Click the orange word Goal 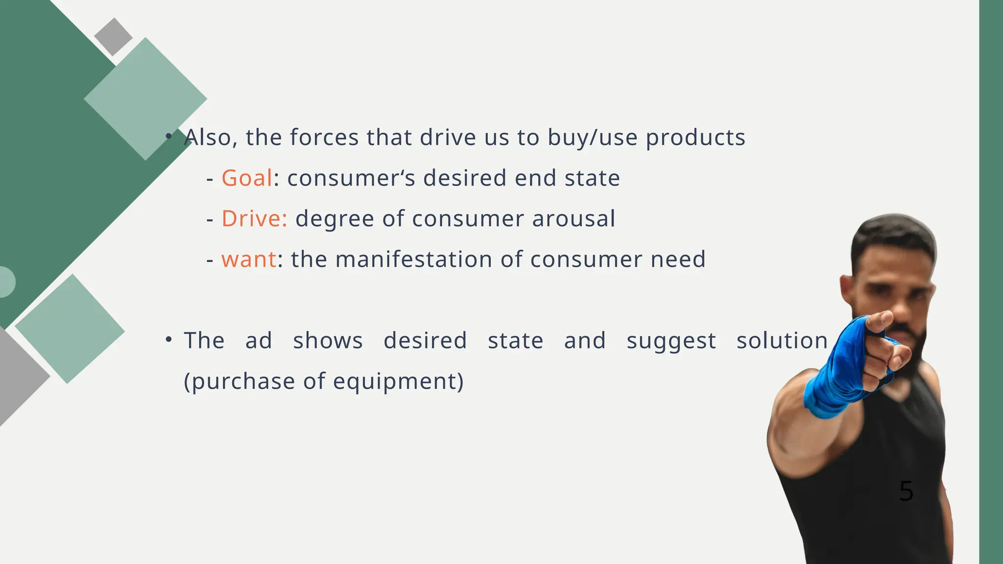[x=246, y=178]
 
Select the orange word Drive [x=254, y=218]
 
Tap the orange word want [x=249, y=259]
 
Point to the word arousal [x=573, y=218]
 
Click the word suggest [x=671, y=341]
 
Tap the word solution [x=782, y=340]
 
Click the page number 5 [x=906, y=491]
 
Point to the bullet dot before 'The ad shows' [x=168, y=339]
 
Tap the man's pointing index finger [x=881, y=321]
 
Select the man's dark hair [x=893, y=235]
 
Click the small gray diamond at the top [x=113, y=37]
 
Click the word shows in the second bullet [x=328, y=340]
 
